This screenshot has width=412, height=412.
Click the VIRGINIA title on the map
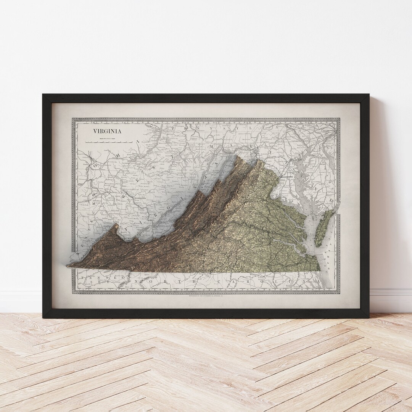pyautogui.click(x=107, y=131)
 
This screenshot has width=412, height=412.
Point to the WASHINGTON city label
pyautogui.click(x=287, y=177)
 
